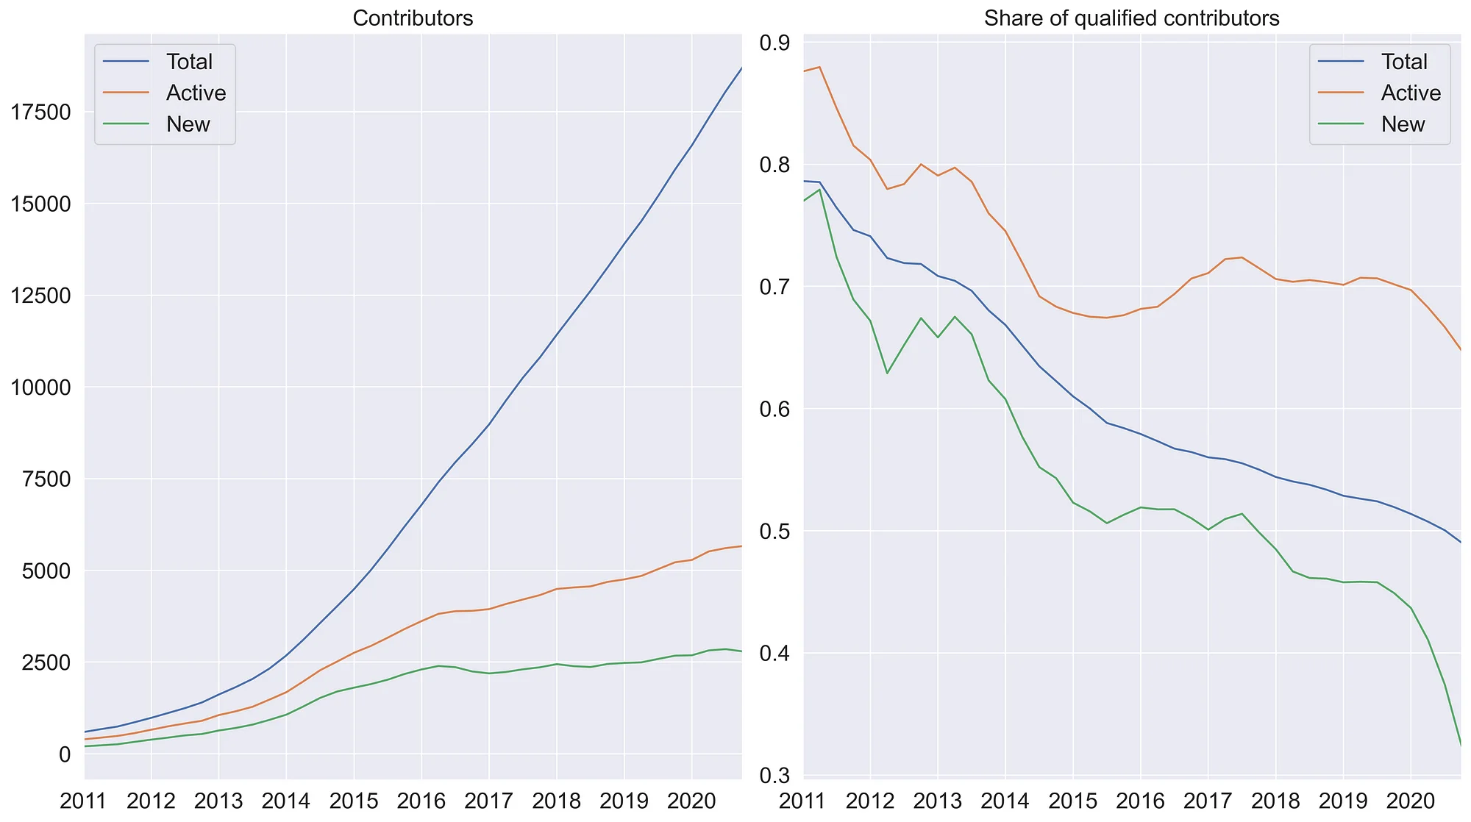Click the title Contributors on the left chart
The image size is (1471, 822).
pos(413,18)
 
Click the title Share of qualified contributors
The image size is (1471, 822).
pos(1131,18)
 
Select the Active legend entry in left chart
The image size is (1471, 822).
pos(196,93)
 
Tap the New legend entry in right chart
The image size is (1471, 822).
pos(1403,124)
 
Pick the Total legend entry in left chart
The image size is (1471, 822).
pos(189,62)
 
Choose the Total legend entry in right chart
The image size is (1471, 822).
pos(1404,62)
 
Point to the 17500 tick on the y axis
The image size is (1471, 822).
pos(41,112)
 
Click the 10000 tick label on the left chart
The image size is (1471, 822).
pos(41,387)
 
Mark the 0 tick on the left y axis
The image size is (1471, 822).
pos(65,754)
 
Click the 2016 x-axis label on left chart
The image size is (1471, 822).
pos(421,801)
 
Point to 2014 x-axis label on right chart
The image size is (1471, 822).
pos(1005,801)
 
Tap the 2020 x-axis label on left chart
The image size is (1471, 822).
pos(691,801)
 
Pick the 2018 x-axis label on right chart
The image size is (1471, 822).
pos(1275,801)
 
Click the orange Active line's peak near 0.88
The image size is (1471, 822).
pos(819,67)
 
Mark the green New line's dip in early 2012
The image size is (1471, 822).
pos(887,374)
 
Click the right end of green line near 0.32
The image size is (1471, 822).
pos(1460,745)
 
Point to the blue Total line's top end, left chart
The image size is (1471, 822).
pos(741,68)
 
